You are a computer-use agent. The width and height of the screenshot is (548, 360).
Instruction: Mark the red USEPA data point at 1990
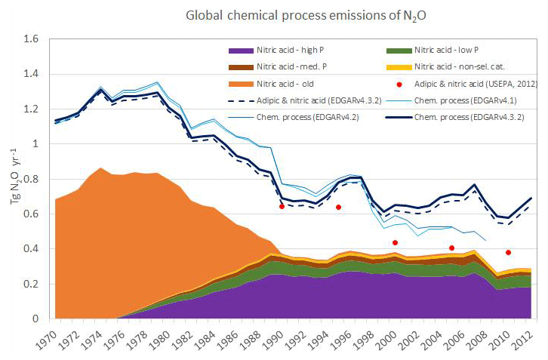pyautogui.click(x=282, y=206)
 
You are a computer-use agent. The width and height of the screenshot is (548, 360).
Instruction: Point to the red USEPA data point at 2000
pyautogui.click(x=395, y=242)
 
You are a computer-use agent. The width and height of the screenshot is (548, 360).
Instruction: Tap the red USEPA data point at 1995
pyautogui.click(x=338, y=207)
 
